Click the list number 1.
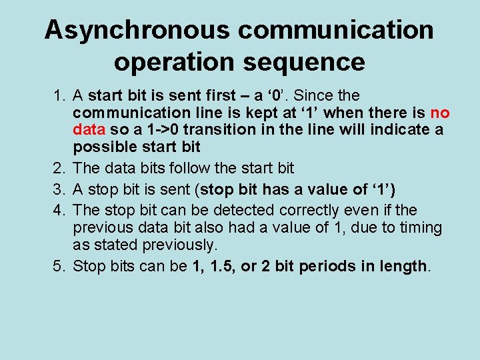point(59,96)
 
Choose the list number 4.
point(59,209)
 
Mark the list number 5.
point(59,267)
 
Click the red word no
point(440,113)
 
